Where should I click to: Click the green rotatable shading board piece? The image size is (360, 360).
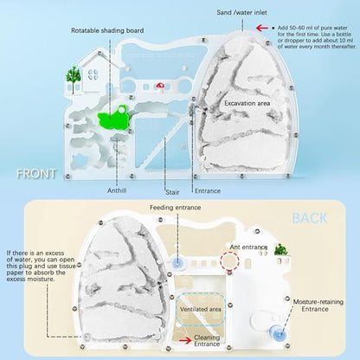(113, 119)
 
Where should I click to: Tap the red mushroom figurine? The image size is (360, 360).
(160, 87)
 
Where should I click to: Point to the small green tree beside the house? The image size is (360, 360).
(74, 79)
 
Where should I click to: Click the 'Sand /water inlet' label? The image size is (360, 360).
(241, 12)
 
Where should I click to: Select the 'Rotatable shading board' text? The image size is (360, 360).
(107, 30)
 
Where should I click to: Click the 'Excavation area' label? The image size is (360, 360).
(247, 103)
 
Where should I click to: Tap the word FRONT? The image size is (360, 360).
(36, 174)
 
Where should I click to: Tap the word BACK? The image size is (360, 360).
(310, 218)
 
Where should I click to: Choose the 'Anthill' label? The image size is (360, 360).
(117, 190)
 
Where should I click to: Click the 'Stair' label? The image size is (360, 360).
(172, 192)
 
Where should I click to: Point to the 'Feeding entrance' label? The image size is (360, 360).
(175, 208)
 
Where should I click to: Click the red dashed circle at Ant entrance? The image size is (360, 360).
(229, 261)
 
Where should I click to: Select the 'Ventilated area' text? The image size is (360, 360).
(201, 309)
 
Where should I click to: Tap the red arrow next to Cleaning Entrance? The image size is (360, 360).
(185, 340)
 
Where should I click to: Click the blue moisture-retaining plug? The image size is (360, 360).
(278, 333)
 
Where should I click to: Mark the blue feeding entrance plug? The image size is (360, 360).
(177, 263)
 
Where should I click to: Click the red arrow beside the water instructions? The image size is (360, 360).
(262, 28)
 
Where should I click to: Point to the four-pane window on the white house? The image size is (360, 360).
(93, 74)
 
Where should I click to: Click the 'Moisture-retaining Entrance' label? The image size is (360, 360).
(318, 305)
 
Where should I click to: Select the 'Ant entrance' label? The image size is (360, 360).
(248, 247)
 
